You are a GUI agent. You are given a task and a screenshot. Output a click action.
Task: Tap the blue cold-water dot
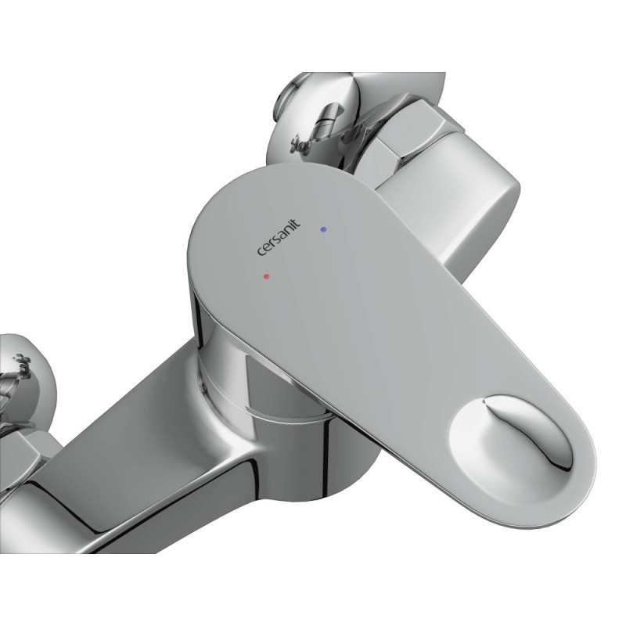[323, 229]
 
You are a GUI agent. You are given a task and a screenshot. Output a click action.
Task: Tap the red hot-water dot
[267, 276]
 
